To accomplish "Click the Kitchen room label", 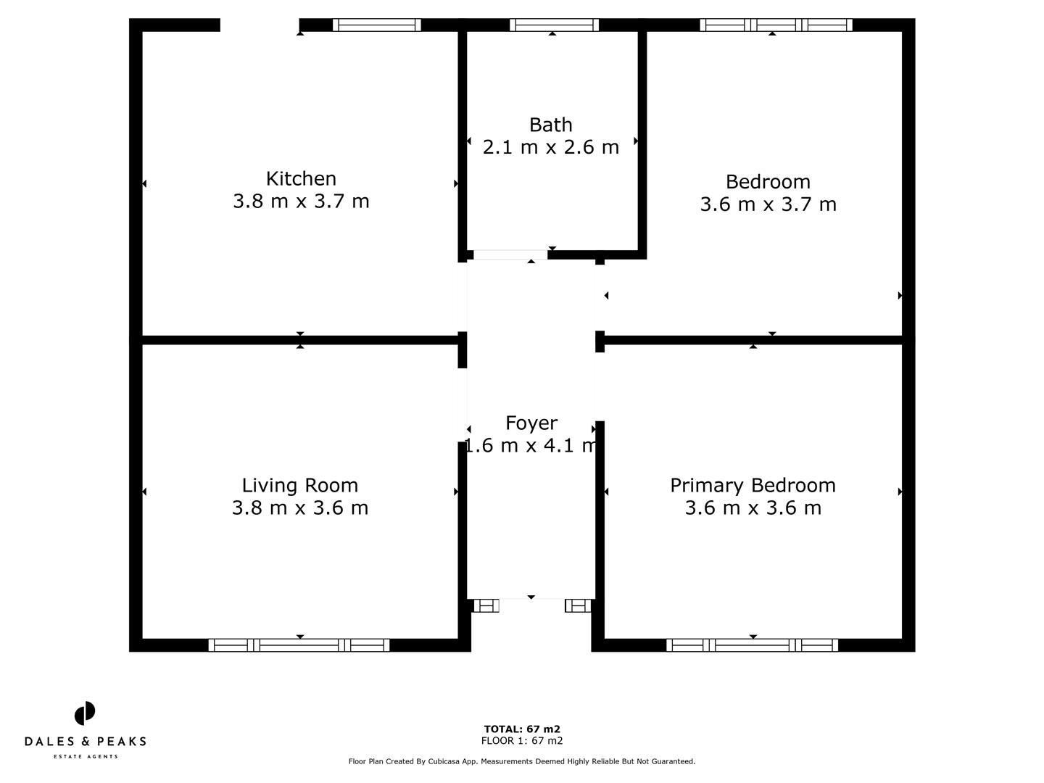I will click(301, 178).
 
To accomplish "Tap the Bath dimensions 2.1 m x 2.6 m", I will click(551, 147).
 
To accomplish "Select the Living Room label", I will click(300, 485).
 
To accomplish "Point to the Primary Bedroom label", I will click(753, 485).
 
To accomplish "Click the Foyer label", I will click(531, 423).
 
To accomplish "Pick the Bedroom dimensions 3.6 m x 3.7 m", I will click(768, 204).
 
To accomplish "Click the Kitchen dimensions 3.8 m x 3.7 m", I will click(301, 201).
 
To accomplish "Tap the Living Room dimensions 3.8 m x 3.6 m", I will click(300, 507).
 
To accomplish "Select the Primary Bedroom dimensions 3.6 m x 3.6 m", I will click(753, 507).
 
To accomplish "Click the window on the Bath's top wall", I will click(554, 25).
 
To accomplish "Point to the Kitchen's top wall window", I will click(376, 25).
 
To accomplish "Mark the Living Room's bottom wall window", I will click(299, 645).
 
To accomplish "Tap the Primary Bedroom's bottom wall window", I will click(752, 645).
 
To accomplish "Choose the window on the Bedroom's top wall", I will click(776, 25).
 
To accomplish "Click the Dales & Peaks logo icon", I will click(85, 713).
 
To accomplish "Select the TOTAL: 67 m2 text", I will click(522, 729).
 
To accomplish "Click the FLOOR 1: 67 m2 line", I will click(522, 741).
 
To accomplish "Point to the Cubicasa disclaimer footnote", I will click(522, 761).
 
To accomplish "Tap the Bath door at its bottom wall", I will click(510, 254).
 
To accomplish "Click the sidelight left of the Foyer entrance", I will click(486, 605).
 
